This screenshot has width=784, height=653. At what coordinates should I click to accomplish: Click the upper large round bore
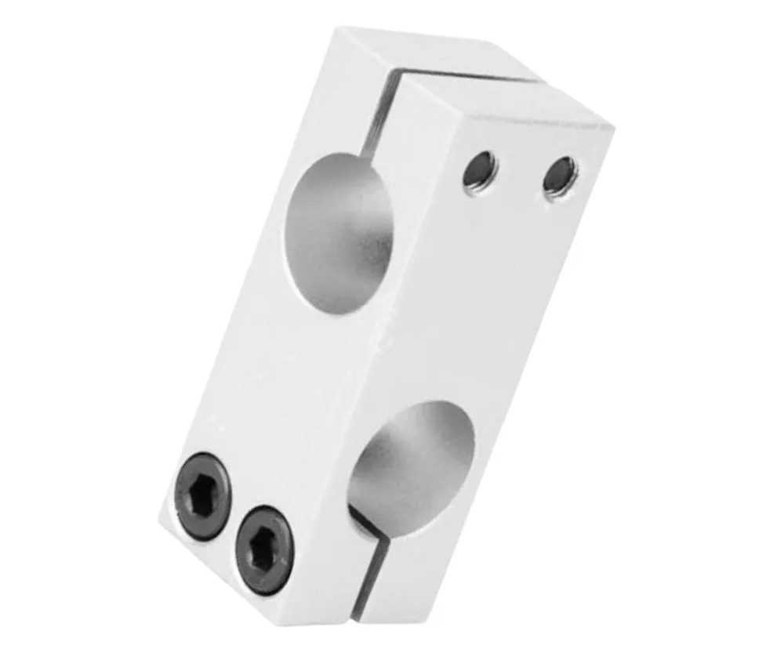(x=339, y=233)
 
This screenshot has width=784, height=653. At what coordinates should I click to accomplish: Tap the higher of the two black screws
(x=202, y=495)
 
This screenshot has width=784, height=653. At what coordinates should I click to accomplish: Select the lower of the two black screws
(x=263, y=549)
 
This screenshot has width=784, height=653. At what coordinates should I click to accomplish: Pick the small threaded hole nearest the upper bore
(x=479, y=170)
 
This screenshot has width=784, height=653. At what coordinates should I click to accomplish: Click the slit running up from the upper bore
(x=378, y=118)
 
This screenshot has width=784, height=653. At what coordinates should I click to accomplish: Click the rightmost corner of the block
(x=612, y=125)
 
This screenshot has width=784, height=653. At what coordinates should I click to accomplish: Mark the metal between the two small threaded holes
(x=519, y=173)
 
